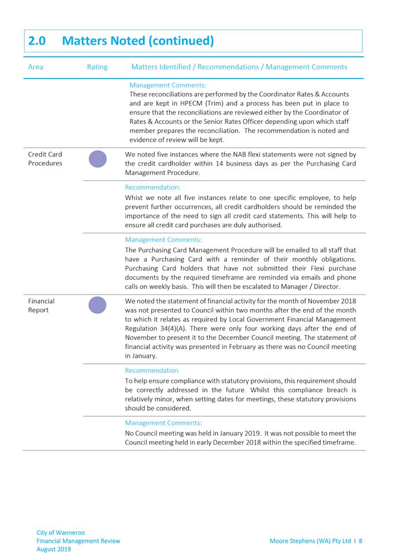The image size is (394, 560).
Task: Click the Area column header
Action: pos(36,67)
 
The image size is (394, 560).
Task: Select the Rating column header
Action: pos(97,67)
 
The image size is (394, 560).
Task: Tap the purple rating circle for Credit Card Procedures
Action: pos(98,159)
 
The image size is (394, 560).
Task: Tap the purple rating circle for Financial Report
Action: pos(98,305)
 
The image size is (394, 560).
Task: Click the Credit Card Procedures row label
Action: pos(45,159)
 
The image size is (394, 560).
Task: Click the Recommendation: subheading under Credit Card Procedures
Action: pos(152,188)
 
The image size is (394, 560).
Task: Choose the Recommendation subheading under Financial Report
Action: pos(152,371)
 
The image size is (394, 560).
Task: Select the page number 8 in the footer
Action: pos(361,540)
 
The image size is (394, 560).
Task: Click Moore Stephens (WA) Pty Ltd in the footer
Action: pos(310,540)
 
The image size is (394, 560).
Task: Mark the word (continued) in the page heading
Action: pos(180,41)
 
